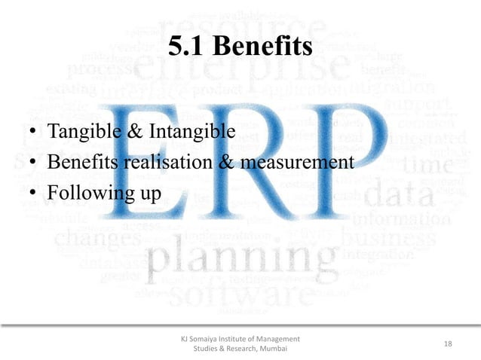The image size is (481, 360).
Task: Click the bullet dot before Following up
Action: (x=34, y=194)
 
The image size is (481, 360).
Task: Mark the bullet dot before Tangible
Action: (x=34, y=134)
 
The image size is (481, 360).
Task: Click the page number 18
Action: (x=448, y=343)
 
